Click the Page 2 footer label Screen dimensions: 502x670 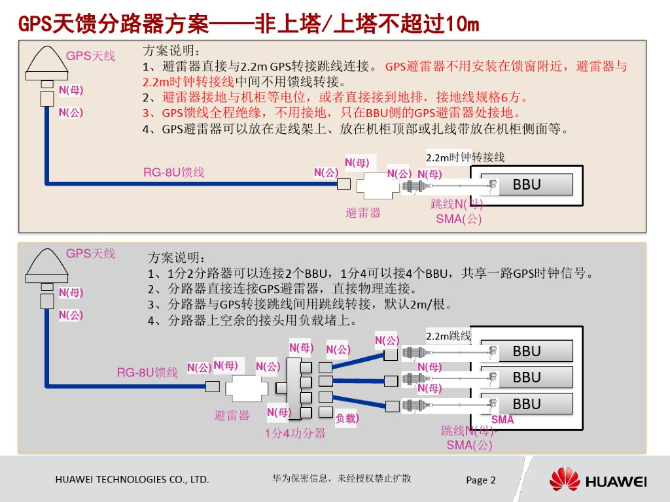481,480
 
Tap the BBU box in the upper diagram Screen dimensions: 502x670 527,184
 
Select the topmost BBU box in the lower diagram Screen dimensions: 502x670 527,351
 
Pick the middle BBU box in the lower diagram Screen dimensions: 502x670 527,377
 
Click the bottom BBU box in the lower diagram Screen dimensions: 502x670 527,403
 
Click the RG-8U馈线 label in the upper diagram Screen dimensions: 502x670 174,173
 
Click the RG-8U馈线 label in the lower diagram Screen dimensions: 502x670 147,373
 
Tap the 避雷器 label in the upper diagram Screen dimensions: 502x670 363,212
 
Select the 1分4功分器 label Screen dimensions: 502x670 295,433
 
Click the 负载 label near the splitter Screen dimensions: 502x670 347,418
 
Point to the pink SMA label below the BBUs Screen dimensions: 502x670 502,420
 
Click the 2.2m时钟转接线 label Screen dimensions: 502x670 465,158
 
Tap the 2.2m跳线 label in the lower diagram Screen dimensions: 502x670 448,336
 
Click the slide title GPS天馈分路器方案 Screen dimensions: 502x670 249,24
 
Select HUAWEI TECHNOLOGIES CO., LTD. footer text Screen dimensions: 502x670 132,480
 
